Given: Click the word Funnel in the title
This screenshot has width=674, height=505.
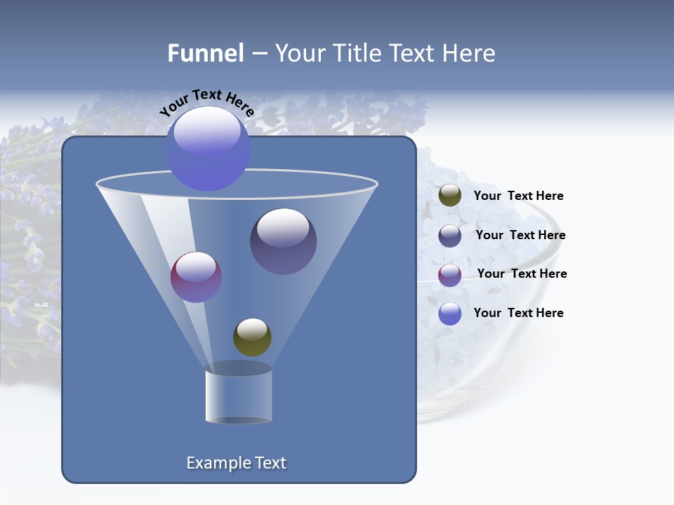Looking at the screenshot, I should point(205,53).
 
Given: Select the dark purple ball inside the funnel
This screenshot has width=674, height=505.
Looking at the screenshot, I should point(283,241).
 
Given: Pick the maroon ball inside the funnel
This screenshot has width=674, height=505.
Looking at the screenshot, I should point(196,277).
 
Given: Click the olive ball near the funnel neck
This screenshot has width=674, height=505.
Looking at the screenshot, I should point(252,337).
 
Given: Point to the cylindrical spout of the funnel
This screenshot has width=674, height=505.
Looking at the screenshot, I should point(239,397).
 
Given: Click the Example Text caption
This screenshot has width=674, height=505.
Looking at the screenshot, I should point(236,463).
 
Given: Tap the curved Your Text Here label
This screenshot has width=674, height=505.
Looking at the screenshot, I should point(206,102).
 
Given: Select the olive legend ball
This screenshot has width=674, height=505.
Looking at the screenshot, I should point(450,196).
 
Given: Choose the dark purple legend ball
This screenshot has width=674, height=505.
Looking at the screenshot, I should point(450,236).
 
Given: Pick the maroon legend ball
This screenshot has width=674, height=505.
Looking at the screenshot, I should point(450,275).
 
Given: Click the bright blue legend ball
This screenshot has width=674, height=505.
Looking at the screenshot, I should point(450,314).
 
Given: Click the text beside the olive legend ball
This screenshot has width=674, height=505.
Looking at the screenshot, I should point(518,196).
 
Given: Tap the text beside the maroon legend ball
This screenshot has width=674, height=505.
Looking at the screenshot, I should point(522,274).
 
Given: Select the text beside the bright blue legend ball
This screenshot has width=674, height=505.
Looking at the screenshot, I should point(518,313).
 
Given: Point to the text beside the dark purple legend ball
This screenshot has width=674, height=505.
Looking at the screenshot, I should point(520,235).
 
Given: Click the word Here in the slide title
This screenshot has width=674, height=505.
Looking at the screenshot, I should point(470,53).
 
